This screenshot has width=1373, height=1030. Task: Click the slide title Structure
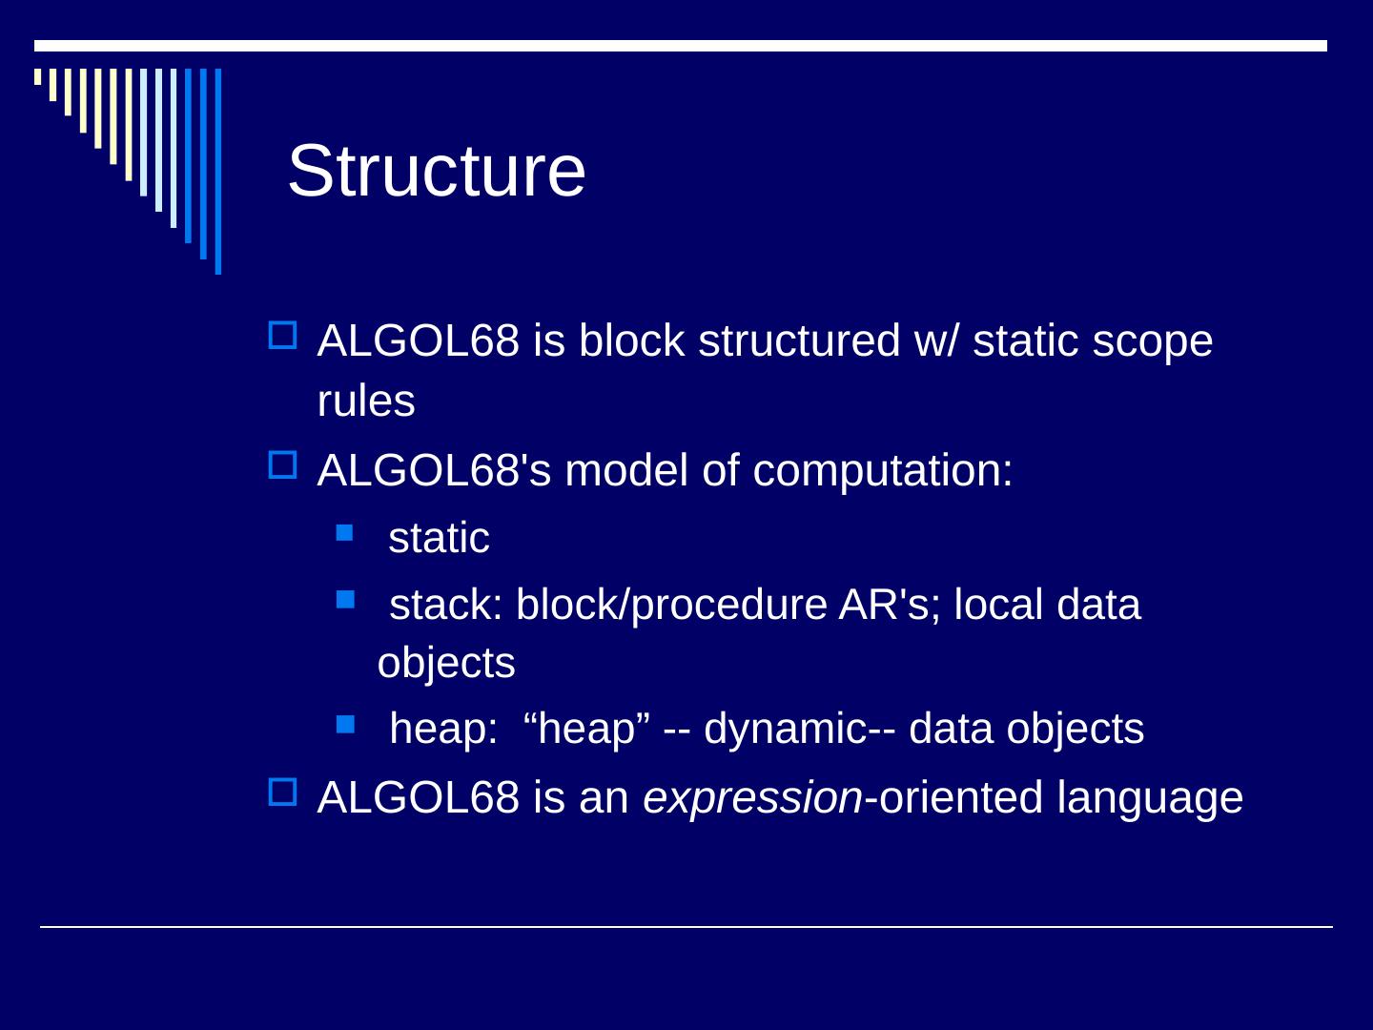tap(436, 171)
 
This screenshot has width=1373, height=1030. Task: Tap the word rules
tap(366, 402)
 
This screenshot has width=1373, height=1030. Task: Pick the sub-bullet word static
tap(439, 538)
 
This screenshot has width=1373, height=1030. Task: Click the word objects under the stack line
tap(446, 663)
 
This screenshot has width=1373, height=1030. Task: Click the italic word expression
tap(752, 798)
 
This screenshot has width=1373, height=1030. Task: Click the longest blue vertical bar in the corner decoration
tap(218, 172)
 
